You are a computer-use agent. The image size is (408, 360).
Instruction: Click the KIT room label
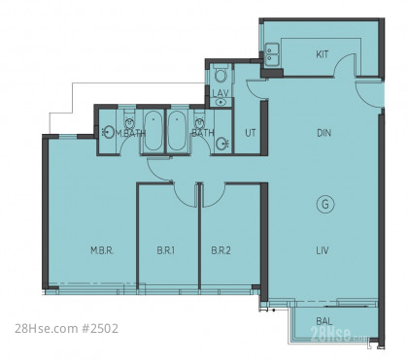click(322, 54)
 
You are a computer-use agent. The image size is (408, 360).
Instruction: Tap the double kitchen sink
click(272, 54)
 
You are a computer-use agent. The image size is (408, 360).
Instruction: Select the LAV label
click(221, 93)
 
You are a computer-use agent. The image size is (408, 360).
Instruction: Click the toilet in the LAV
click(221, 74)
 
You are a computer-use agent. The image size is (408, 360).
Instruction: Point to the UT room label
click(251, 133)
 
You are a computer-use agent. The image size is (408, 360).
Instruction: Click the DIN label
click(323, 133)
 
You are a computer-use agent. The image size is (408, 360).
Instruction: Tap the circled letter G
click(325, 205)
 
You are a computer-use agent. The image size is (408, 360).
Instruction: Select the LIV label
click(323, 250)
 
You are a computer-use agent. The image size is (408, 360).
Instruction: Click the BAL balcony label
click(323, 321)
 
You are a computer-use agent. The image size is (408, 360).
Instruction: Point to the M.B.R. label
click(102, 250)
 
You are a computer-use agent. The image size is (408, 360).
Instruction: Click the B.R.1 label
click(166, 250)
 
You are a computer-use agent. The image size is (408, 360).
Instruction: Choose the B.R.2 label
click(221, 250)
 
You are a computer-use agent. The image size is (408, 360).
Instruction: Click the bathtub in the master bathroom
click(153, 131)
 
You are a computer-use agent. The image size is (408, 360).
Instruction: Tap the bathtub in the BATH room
click(177, 131)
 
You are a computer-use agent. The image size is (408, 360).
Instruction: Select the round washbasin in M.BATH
click(109, 132)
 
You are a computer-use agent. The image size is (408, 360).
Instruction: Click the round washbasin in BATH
click(222, 144)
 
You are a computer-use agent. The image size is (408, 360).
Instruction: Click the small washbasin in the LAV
click(221, 102)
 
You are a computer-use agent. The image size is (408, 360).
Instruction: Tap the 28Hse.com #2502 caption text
click(67, 329)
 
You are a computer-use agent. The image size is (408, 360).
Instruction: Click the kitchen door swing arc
click(343, 61)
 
